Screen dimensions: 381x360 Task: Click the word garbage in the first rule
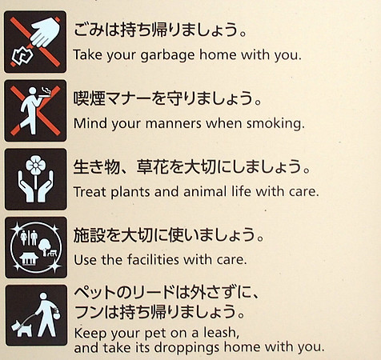[x=167, y=56]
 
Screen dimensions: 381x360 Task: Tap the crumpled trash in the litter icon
[x=22, y=55]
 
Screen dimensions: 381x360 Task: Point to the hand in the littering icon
[x=46, y=31]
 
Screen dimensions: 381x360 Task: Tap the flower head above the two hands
[x=35, y=166]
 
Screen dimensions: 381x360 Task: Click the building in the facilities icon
[x=29, y=258]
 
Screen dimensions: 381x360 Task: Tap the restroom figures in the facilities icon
[x=29, y=238]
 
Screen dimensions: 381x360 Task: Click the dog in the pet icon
[x=22, y=328]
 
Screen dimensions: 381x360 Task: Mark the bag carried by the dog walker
[x=56, y=314]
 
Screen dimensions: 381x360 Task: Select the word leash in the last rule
[x=221, y=333]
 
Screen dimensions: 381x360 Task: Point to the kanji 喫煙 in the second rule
[x=90, y=98]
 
